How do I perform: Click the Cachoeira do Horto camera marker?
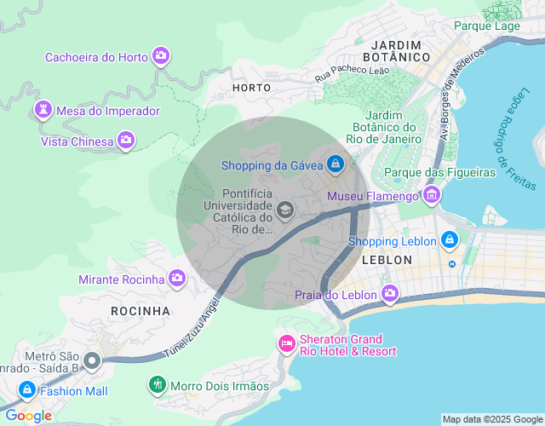coord(161,57)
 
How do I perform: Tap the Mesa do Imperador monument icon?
coord(42,110)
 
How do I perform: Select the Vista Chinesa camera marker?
coord(126,141)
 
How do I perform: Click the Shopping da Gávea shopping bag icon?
coord(336,164)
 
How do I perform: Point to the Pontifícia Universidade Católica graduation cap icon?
coord(285,210)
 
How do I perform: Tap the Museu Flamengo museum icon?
coord(432,197)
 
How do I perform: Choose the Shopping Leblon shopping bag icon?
coord(450,241)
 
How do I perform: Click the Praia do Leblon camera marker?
coord(390,295)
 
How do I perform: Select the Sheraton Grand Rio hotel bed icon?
coord(286,344)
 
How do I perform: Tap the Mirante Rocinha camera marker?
coord(177,279)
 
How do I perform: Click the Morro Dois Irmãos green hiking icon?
coord(157,386)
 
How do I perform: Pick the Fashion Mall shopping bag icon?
coord(26,391)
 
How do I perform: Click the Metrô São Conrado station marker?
coord(92,360)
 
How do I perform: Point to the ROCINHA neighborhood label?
coord(141,311)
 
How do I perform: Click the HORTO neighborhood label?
coord(251,87)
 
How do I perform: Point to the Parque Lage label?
coord(486,26)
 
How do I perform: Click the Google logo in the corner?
coord(27,415)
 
